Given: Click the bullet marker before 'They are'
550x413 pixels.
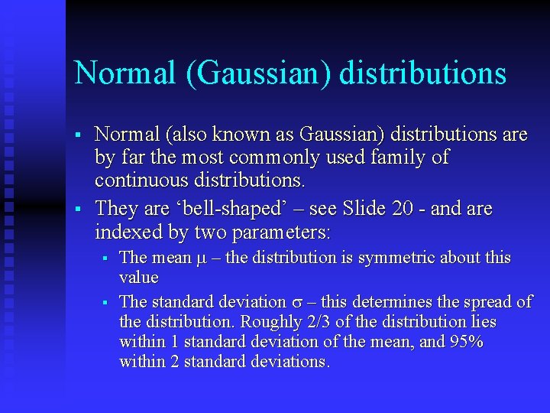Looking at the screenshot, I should click(78, 208).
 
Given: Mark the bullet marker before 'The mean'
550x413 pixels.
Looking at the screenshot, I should click(105, 259).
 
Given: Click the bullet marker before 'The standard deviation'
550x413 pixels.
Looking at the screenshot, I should click(105, 303).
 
